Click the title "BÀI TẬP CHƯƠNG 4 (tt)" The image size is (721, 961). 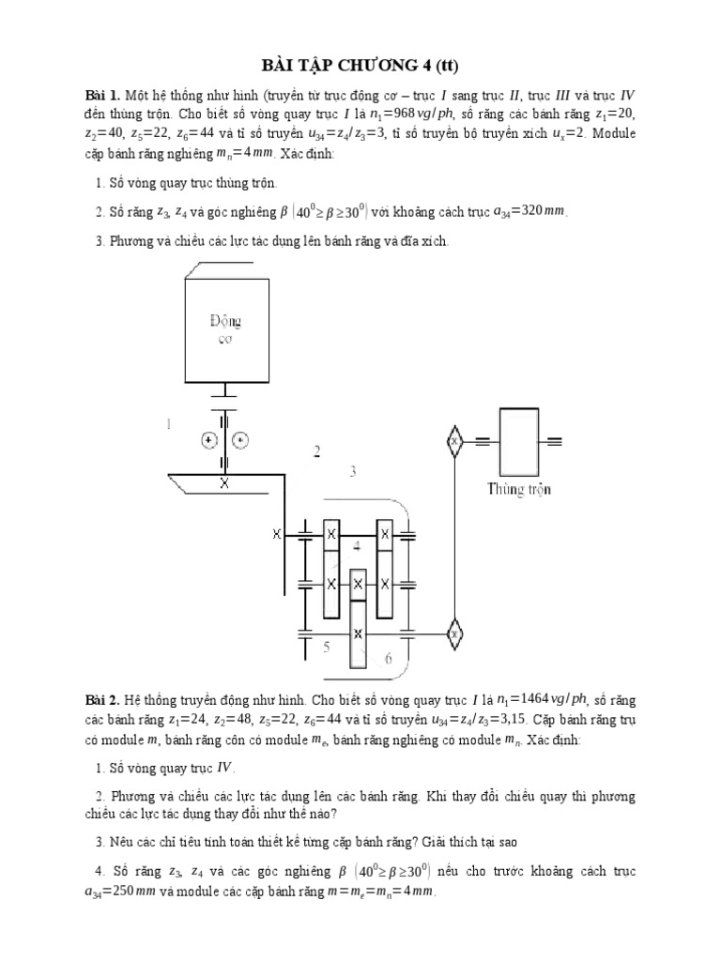click(360, 65)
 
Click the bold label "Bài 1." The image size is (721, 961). click(103, 95)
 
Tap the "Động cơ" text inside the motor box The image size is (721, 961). click(225, 329)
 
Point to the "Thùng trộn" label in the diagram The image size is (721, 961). click(519, 488)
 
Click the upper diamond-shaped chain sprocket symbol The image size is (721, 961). click(455, 439)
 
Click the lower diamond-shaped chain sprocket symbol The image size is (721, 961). click(455, 635)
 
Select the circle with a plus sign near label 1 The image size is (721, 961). click(207, 438)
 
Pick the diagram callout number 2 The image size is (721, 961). click(317, 451)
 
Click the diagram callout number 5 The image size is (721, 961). click(326, 647)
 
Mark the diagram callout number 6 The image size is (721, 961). click(387, 659)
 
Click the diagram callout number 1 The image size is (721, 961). click(170, 424)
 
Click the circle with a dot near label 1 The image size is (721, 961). click(240, 438)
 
